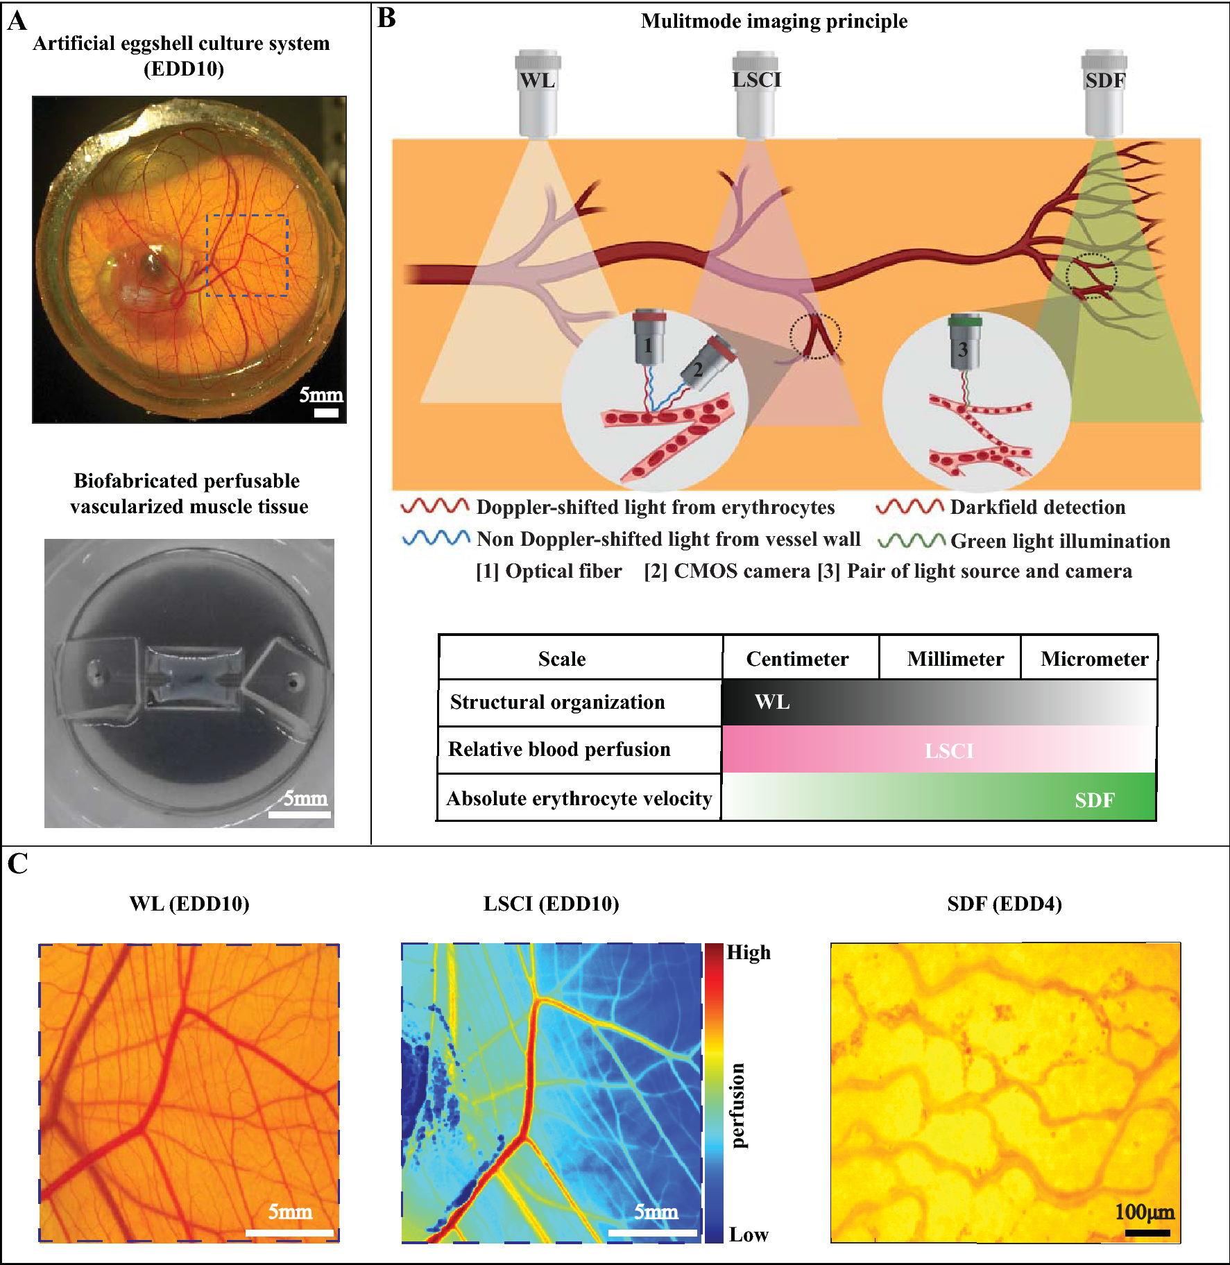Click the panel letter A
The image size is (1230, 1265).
[x=17, y=21]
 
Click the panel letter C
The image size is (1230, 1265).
[x=17, y=864]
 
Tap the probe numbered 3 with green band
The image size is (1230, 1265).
[x=964, y=343]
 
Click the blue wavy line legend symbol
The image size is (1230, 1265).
[x=436, y=538]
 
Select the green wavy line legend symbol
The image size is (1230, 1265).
[x=911, y=540]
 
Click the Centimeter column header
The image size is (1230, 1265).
[x=797, y=659]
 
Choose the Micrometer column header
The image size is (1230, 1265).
[x=1094, y=659]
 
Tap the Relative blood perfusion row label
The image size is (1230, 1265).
[x=559, y=750]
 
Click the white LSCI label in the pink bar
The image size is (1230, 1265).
[x=949, y=751]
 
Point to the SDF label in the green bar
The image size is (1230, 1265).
[x=1094, y=800]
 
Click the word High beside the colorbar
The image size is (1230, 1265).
[x=749, y=953]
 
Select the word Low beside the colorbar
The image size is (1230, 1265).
[x=749, y=1235]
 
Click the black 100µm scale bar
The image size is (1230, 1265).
[x=1147, y=1233]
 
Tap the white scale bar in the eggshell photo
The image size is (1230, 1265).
[x=326, y=413]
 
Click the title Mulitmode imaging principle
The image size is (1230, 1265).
[x=774, y=21]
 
